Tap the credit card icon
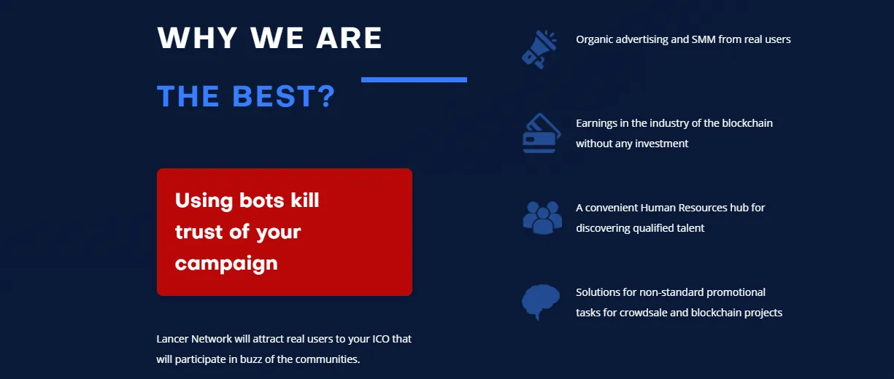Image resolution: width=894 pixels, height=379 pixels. point(542,133)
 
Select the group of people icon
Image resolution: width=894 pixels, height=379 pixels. point(542,218)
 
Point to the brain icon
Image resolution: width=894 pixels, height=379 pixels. point(541,302)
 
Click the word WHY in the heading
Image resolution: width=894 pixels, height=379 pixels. point(198,38)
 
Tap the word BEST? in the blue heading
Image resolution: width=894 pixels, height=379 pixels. point(284,96)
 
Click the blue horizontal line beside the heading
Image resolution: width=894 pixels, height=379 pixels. point(414,79)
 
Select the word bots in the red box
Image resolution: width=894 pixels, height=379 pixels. point(262,200)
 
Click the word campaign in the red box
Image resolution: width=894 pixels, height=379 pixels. point(226,264)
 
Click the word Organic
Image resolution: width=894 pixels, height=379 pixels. point(594,39)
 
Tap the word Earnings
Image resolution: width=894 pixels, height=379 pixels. point(597,123)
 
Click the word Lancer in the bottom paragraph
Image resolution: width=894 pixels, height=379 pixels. point(172,339)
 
